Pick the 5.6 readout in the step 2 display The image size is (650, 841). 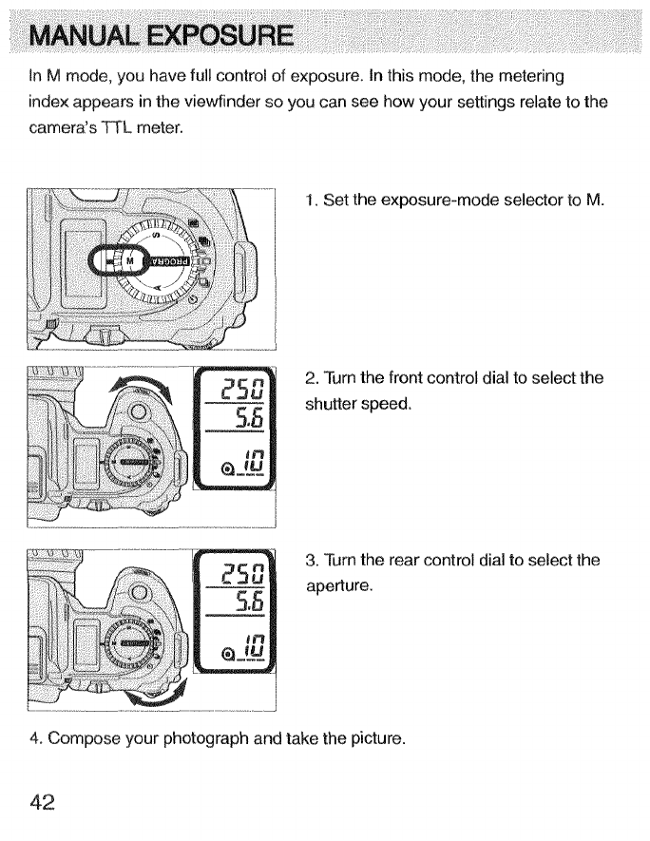pyautogui.click(x=238, y=419)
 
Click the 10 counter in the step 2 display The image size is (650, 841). pyautogui.click(x=240, y=468)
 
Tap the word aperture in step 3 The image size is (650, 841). pyautogui.click(x=337, y=587)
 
